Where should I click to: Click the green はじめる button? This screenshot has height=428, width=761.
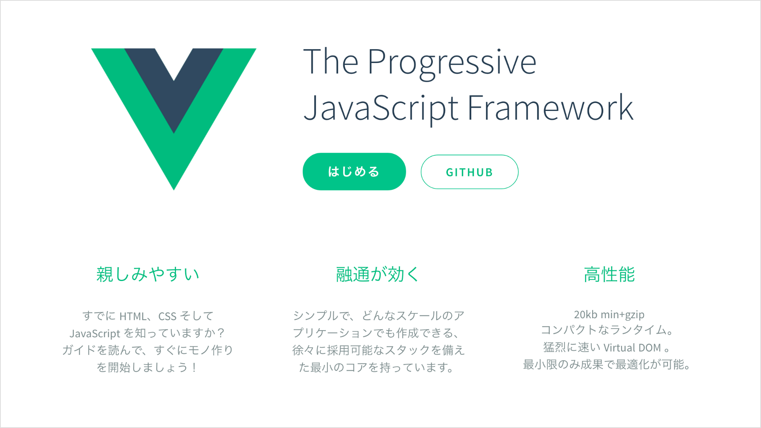(x=354, y=172)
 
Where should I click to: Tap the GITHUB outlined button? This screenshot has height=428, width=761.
(x=469, y=172)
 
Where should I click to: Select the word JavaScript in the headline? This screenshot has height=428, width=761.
(x=381, y=108)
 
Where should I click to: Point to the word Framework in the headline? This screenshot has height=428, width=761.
(x=551, y=107)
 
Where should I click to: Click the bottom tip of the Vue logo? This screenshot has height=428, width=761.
(x=174, y=189)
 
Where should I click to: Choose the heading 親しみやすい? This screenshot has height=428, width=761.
(x=148, y=274)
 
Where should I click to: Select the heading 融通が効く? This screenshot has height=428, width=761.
(x=377, y=274)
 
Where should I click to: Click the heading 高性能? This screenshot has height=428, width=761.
(x=609, y=274)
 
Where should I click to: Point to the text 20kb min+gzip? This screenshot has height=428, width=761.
(x=609, y=315)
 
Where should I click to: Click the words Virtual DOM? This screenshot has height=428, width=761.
(x=632, y=348)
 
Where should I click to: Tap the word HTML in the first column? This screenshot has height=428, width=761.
(x=133, y=316)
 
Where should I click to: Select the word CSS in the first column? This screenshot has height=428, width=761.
(x=167, y=316)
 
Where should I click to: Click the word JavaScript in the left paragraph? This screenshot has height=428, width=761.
(x=95, y=333)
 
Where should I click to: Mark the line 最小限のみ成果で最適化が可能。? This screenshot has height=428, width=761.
(x=607, y=364)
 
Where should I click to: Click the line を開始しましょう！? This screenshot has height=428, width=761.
(x=147, y=367)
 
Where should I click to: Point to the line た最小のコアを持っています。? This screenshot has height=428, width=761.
(x=377, y=367)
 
